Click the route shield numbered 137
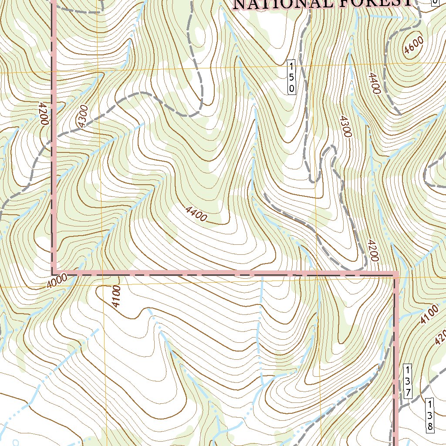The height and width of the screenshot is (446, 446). pos(407,381)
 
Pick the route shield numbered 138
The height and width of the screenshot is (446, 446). pos(429,415)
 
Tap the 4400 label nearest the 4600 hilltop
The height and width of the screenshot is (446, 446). pos(375,83)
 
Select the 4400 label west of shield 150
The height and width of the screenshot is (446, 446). pos(196,213)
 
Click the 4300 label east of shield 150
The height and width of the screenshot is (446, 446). pos(345,126)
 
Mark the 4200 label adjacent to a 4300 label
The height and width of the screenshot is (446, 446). pos(43,114)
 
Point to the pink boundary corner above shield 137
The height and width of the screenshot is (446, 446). pos(396,274)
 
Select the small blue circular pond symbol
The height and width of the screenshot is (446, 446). pos(16,443)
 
